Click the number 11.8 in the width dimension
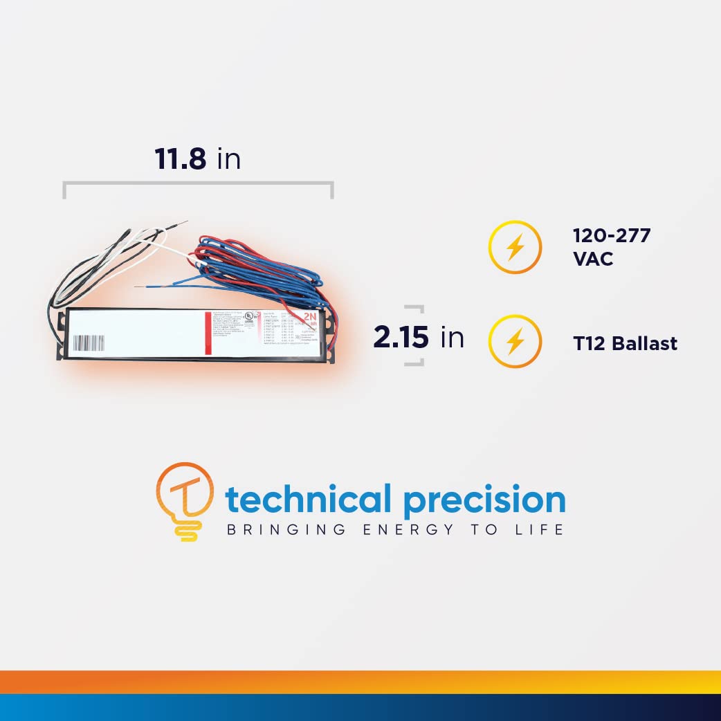pos(180,159)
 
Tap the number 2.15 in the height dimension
pos(402,337)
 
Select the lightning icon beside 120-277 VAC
pos(514,247)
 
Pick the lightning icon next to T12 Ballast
pos(514,341)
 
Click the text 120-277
pos(612,235)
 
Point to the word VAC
pos(593,261)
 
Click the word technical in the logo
pos(309,500)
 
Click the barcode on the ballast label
pos(89,343)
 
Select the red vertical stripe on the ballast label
pos(208,334)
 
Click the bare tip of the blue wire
pos(139,286)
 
